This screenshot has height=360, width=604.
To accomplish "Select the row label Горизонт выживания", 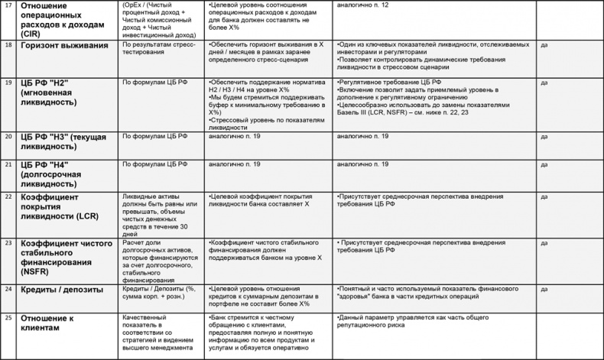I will (64, 45).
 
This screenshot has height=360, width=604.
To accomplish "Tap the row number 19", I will (8, 82).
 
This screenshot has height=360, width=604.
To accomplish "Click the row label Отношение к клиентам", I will (50, 322).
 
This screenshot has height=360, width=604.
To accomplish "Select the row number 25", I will (8, 316).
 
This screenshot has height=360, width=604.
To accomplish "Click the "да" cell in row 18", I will (544, 45).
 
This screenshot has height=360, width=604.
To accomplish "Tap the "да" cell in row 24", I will (544, 290).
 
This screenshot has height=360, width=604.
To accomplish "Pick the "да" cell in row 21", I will (544, 164).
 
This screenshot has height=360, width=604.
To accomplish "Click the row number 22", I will (8, 196).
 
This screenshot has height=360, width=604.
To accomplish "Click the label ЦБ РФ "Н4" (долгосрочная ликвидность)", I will (61, 174).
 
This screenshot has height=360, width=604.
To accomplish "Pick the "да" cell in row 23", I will (544, 242).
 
